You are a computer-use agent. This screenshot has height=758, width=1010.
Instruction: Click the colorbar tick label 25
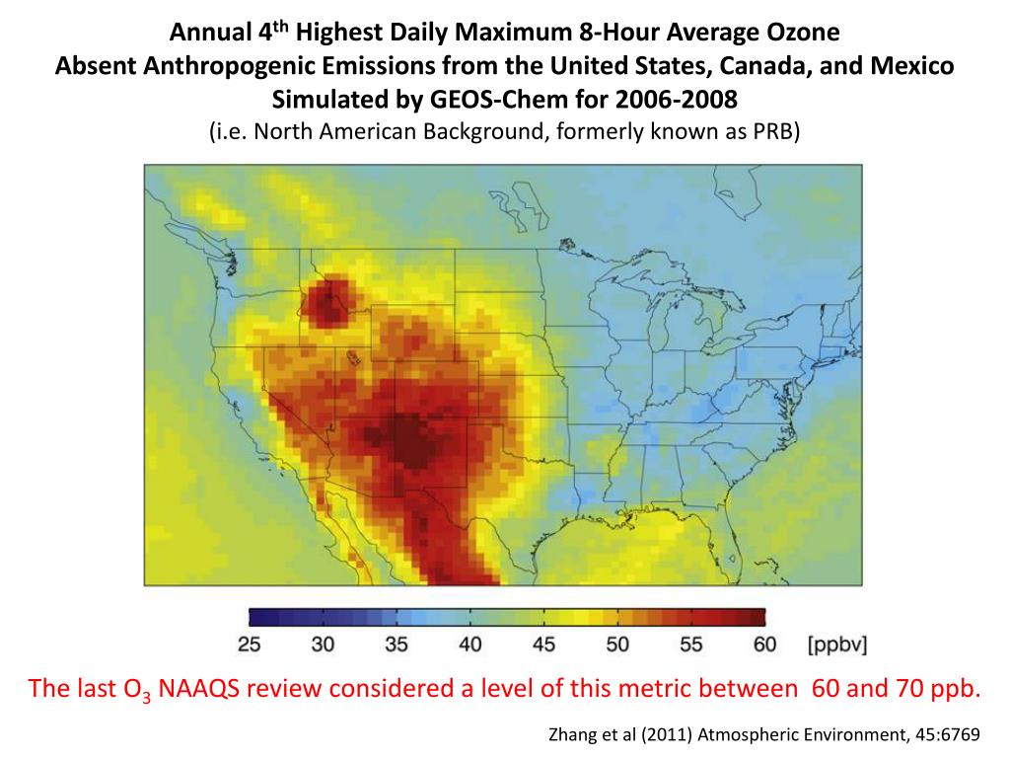250,645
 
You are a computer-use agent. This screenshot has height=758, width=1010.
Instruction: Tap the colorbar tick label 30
323,645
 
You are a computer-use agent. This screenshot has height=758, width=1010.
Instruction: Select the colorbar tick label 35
397,645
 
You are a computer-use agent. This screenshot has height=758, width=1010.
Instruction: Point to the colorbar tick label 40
470,645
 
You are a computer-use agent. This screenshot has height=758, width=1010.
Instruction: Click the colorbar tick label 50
617,645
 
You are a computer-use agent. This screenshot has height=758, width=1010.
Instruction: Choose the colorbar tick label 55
690,645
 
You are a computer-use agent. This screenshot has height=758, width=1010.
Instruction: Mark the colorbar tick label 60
764,645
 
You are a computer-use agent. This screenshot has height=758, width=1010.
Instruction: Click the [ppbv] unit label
837,645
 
